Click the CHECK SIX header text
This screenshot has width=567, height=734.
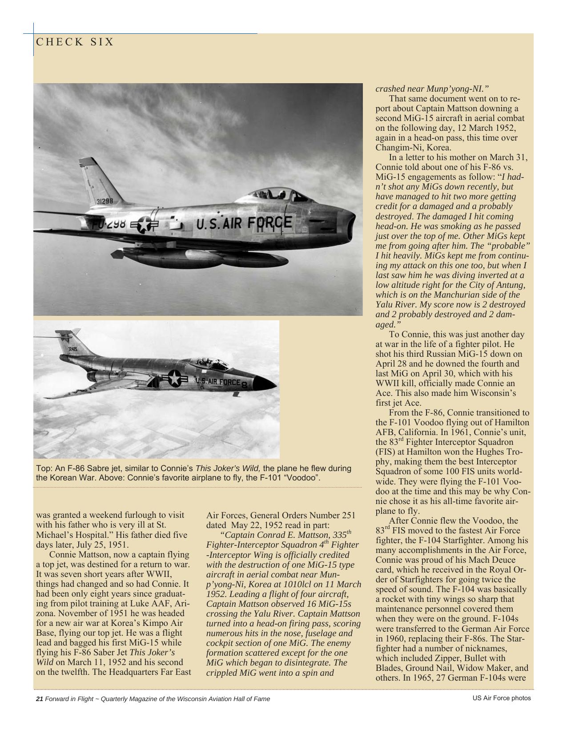75,42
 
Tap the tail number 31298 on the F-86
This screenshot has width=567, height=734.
105,201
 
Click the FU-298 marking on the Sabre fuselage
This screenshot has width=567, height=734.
109,224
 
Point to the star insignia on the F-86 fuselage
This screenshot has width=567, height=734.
144,224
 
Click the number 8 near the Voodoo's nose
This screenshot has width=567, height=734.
244,385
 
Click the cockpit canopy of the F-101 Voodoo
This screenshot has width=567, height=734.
209,364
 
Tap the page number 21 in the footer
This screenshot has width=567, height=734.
39,698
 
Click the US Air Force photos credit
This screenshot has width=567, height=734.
501,698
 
